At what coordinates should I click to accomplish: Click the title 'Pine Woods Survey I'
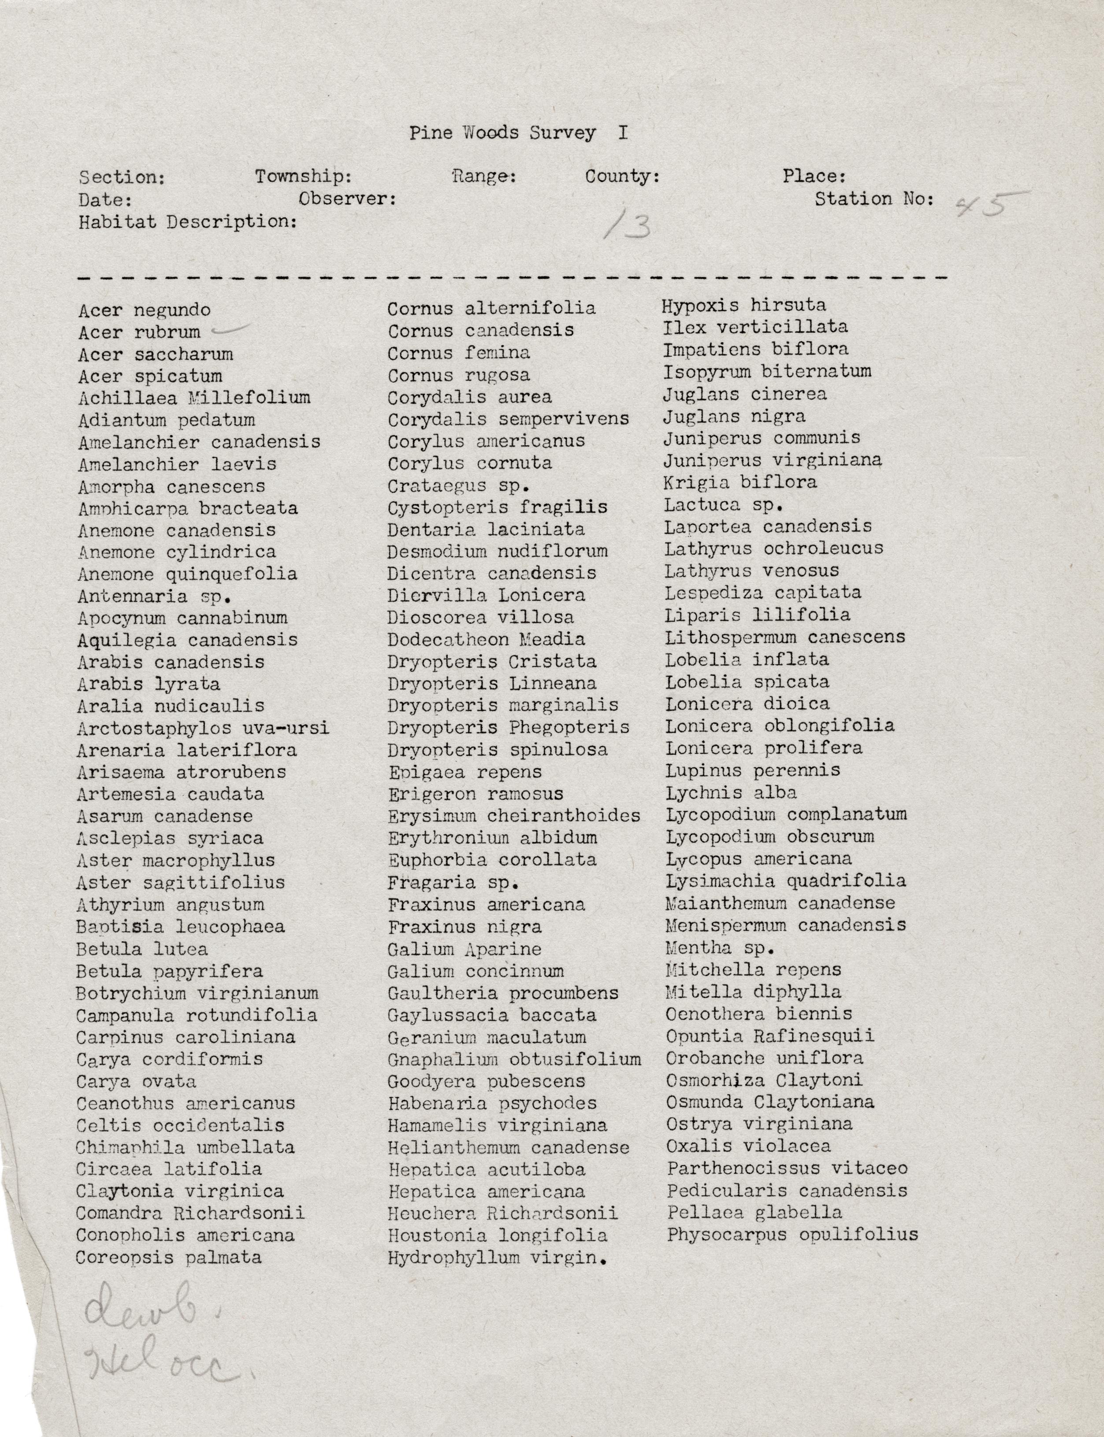tap(518, 133)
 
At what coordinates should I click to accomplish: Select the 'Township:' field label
tap(303, 176)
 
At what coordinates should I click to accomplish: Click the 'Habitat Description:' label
tap(188, 222)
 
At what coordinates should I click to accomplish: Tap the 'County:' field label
tap(622, 176)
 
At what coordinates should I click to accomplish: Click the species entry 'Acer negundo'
tap(144, 310)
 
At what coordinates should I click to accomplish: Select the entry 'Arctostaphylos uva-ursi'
tap(202, 728)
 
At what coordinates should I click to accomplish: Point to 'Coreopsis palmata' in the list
tap(168, 1258)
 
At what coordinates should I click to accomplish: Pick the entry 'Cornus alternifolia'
tap(491, 308)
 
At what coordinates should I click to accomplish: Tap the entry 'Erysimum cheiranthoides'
tap(513, 816)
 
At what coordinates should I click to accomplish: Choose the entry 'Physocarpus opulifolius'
tap(792, 1235)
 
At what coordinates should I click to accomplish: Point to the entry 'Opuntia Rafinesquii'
tap(769, 1037)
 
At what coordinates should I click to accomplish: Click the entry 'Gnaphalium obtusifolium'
tap(514, 1059)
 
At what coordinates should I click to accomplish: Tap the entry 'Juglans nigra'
tap(733, 416)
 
